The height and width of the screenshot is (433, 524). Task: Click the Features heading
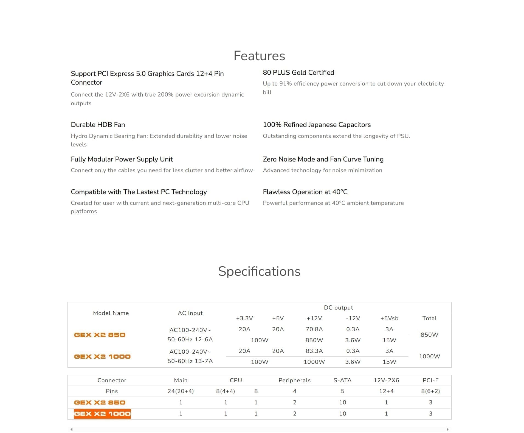(x=259, y=56)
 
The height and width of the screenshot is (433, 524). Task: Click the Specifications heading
(x=259, y=271)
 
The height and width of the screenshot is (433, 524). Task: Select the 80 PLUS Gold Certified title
(x=298, y=72)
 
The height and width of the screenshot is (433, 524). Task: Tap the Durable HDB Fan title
(x=98, y=125)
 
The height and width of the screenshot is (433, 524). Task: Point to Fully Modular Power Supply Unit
(x=122, y=159)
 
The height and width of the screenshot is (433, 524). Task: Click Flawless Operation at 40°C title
(x=305, y=192)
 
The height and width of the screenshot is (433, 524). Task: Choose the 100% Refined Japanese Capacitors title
(x=317, y=125)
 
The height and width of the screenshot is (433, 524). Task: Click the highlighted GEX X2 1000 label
(x=102, y=414)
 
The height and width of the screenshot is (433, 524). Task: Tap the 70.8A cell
(x=314, y=329)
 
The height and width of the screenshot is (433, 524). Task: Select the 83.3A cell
(x=314, y=351)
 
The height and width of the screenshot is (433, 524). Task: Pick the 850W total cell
(x=429, y=334)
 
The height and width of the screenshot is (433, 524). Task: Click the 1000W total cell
(x=429, y=356)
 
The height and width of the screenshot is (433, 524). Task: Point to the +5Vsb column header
(x=389, y=318)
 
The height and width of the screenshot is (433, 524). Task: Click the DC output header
(x=338, y=308)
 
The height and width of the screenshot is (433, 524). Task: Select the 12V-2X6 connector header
(x=386, y=380)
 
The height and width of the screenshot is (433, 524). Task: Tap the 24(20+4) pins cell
(x=181, y=391)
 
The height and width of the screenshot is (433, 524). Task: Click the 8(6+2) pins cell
(x=430, y=391)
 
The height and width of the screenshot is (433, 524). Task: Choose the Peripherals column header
(x=294, y=380)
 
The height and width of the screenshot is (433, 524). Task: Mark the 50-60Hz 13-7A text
(x=190, y=361)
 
